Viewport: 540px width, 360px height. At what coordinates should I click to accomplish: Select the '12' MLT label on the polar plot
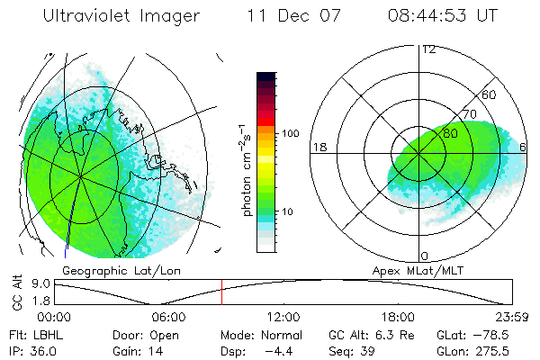pos(427,49)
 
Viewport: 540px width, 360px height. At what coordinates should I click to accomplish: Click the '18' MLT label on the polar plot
pos(318,147)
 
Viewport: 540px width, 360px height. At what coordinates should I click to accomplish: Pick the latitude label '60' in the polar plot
pos(490,94)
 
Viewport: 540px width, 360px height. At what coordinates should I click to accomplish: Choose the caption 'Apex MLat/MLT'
pos(418,270)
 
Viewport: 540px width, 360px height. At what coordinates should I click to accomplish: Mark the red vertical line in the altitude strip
pos(221,292)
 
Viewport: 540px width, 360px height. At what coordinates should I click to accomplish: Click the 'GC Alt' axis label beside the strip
pos(15,292)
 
